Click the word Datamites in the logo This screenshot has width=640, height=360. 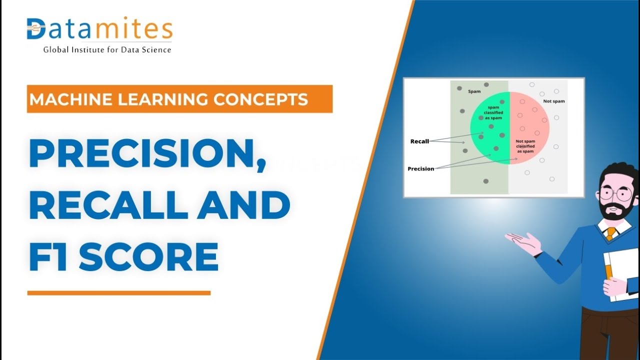pos(99,28)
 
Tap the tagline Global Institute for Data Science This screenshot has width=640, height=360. pos(107,49)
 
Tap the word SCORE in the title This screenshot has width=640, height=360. pos(148,256)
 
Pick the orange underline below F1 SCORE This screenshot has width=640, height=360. pos(119,293)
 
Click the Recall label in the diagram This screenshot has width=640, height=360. pos(419,141)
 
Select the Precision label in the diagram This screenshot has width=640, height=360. pos(421,169)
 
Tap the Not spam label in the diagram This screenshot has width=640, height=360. pos(553,101)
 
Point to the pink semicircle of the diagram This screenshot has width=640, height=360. pos(528,127)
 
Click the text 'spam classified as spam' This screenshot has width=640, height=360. pos(493,112)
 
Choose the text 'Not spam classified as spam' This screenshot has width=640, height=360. pos(525,146)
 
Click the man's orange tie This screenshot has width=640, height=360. pos(611,233)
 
